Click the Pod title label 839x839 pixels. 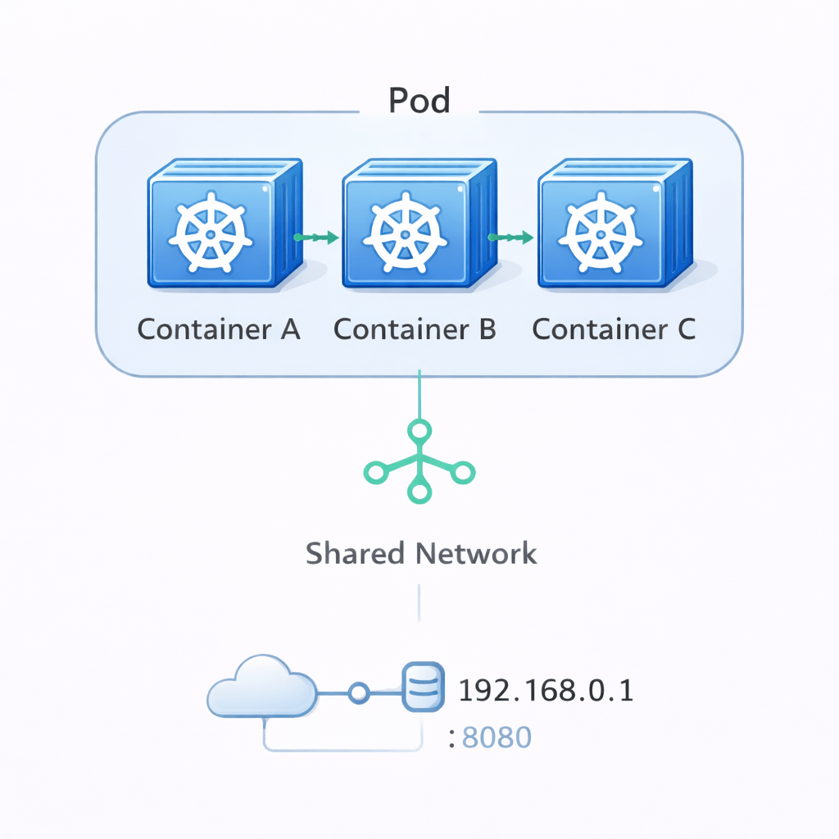pyautogui.click(x=419, y=101)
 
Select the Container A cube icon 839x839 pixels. pyautogui.click(x=222, y=224)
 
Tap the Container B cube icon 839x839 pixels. pyautogui.click(x=418, y=224)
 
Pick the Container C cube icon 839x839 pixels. pyautogui.click(x=612, y=224)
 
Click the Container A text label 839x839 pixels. pyautogui.click(x=219, y=329)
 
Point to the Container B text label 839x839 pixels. pyautogui.click(x=415, y=329)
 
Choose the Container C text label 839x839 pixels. pyautogui.click(x=614, y=329)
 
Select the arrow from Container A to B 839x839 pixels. pyautogui.click(x=316, y=238)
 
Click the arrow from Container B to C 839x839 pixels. pyautogui.click(x=511, y=238)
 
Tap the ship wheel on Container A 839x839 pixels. pyautogui.click(x=210, y=233)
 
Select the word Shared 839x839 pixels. pyautogui.click(x=356, y=553)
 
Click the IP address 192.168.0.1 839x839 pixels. pyautogui.click(x=546, y=692)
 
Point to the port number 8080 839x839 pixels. pyautogui.click(x=497, y=737)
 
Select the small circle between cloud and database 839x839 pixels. pyautogui.click(x=357, y=694)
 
